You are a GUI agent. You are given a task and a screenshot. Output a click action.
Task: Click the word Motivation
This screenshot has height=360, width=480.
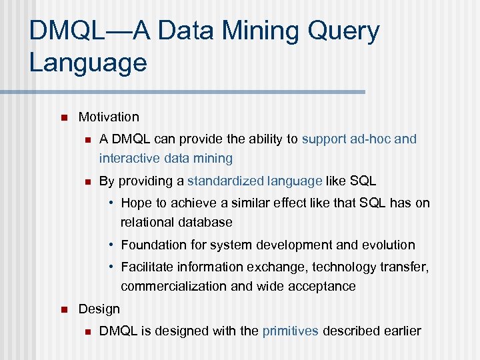[x=109, y=117]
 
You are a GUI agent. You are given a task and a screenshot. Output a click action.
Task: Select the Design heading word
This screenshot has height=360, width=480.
[x=99, y=309]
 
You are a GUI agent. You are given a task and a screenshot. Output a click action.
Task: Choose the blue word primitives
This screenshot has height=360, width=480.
[x=290, y=331]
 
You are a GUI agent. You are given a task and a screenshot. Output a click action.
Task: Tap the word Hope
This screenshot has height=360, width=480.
[x=137, y=203]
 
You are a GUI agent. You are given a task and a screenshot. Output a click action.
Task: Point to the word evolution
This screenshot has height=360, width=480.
[x=387, y=245]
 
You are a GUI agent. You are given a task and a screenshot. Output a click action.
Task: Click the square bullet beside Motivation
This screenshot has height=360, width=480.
[x=63, y=118]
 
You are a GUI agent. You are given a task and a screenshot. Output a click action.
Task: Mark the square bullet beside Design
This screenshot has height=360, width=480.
[x=63, y=310]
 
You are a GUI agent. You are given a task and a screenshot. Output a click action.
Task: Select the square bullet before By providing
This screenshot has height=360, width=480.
[x=87, y=181]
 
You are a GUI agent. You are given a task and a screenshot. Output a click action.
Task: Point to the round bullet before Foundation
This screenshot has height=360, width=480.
[x=114, y=245]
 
